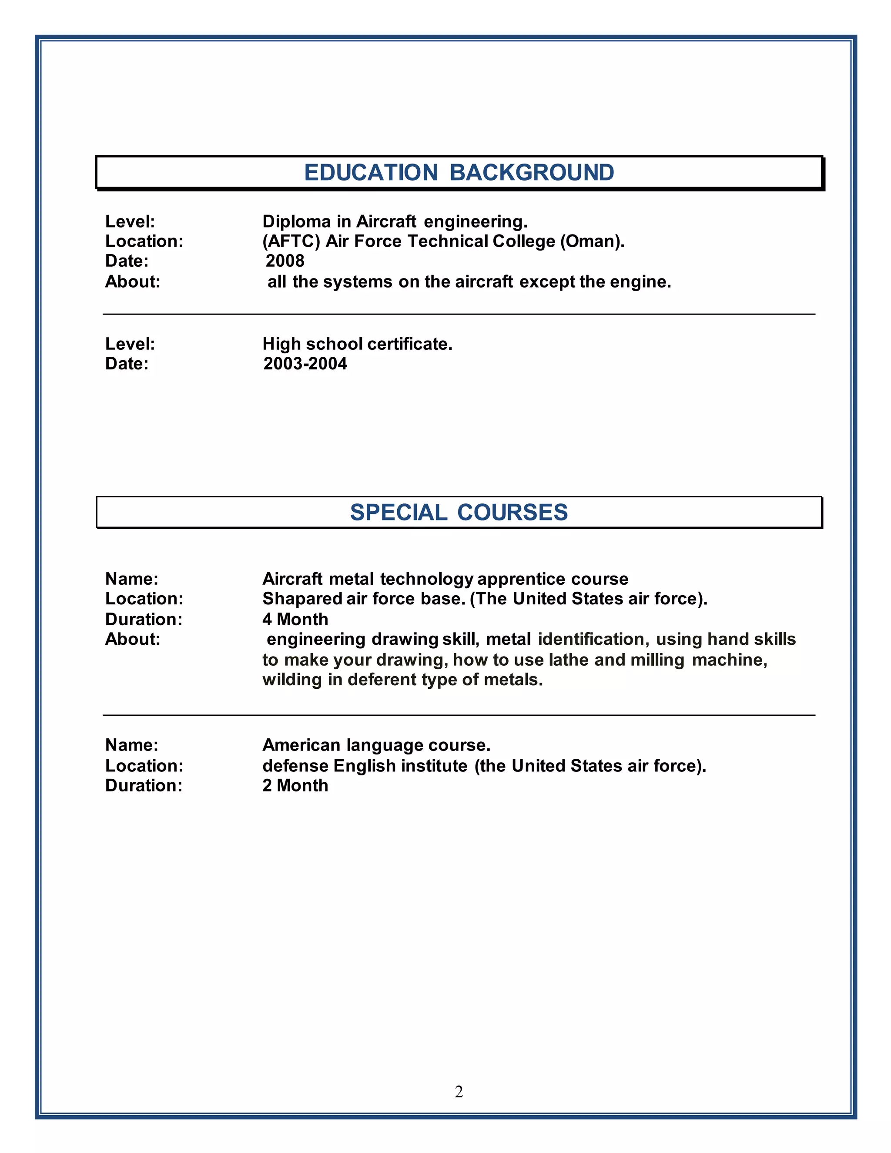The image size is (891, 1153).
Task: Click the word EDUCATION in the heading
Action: coord(371,173)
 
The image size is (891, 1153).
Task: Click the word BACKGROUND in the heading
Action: coord(532,173)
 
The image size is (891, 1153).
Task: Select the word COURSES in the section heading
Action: coord(512,513)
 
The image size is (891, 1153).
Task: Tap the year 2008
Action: coord(285,261)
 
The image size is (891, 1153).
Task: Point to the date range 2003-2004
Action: coord(305,364)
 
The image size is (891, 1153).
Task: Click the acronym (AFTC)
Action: coord(291,241)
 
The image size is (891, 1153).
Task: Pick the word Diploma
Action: coord(297,221)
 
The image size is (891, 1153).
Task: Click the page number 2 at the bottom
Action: coord(459,1091)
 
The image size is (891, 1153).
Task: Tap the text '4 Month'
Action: coord(295,619)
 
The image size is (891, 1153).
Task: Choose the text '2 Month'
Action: coord(295,785)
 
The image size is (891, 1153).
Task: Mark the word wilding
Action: coord(292,680)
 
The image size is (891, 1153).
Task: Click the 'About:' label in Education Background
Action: coord(133,282)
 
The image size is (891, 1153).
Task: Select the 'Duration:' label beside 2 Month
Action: coord(144,785)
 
